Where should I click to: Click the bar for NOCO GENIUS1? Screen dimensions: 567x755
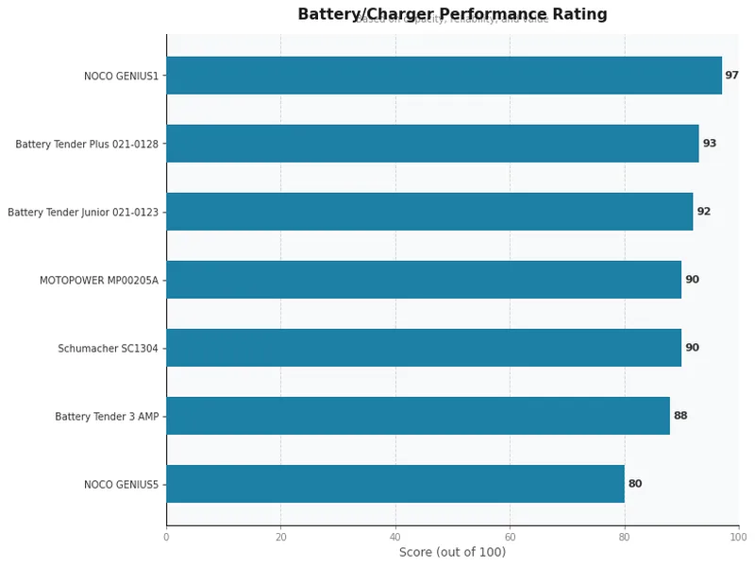click(444, 76)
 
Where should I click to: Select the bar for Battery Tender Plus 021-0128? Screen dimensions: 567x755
click(432, 144)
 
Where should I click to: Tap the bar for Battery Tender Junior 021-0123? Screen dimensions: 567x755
click(429, 212)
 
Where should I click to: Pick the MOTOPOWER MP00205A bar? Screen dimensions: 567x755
click(424, 280)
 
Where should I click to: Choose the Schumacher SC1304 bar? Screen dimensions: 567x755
click(424, 348)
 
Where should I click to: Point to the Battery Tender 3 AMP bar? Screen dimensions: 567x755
click(418, 416)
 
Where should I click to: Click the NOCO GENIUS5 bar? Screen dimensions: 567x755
click(395, 484)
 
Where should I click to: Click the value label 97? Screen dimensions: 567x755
click(731, 76)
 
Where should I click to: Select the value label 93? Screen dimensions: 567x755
click(709, 144)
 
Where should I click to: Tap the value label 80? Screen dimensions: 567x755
click(634, 484)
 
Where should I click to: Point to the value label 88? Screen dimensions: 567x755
click(679, 416)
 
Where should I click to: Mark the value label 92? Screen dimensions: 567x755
click(703, 212)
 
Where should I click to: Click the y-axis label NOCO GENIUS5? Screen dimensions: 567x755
click(121, 485)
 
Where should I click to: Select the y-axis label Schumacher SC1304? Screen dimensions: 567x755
click(108, 349)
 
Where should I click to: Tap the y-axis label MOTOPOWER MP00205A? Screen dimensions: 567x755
click(99, 281)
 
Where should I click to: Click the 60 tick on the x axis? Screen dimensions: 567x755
click(510, 538)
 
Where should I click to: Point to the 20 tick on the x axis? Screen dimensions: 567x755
click(280, 538)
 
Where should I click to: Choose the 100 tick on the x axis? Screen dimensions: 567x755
click(738, 538)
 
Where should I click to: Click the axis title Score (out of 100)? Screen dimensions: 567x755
click(452, 553)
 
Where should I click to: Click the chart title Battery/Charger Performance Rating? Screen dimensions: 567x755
click(452, 14)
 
